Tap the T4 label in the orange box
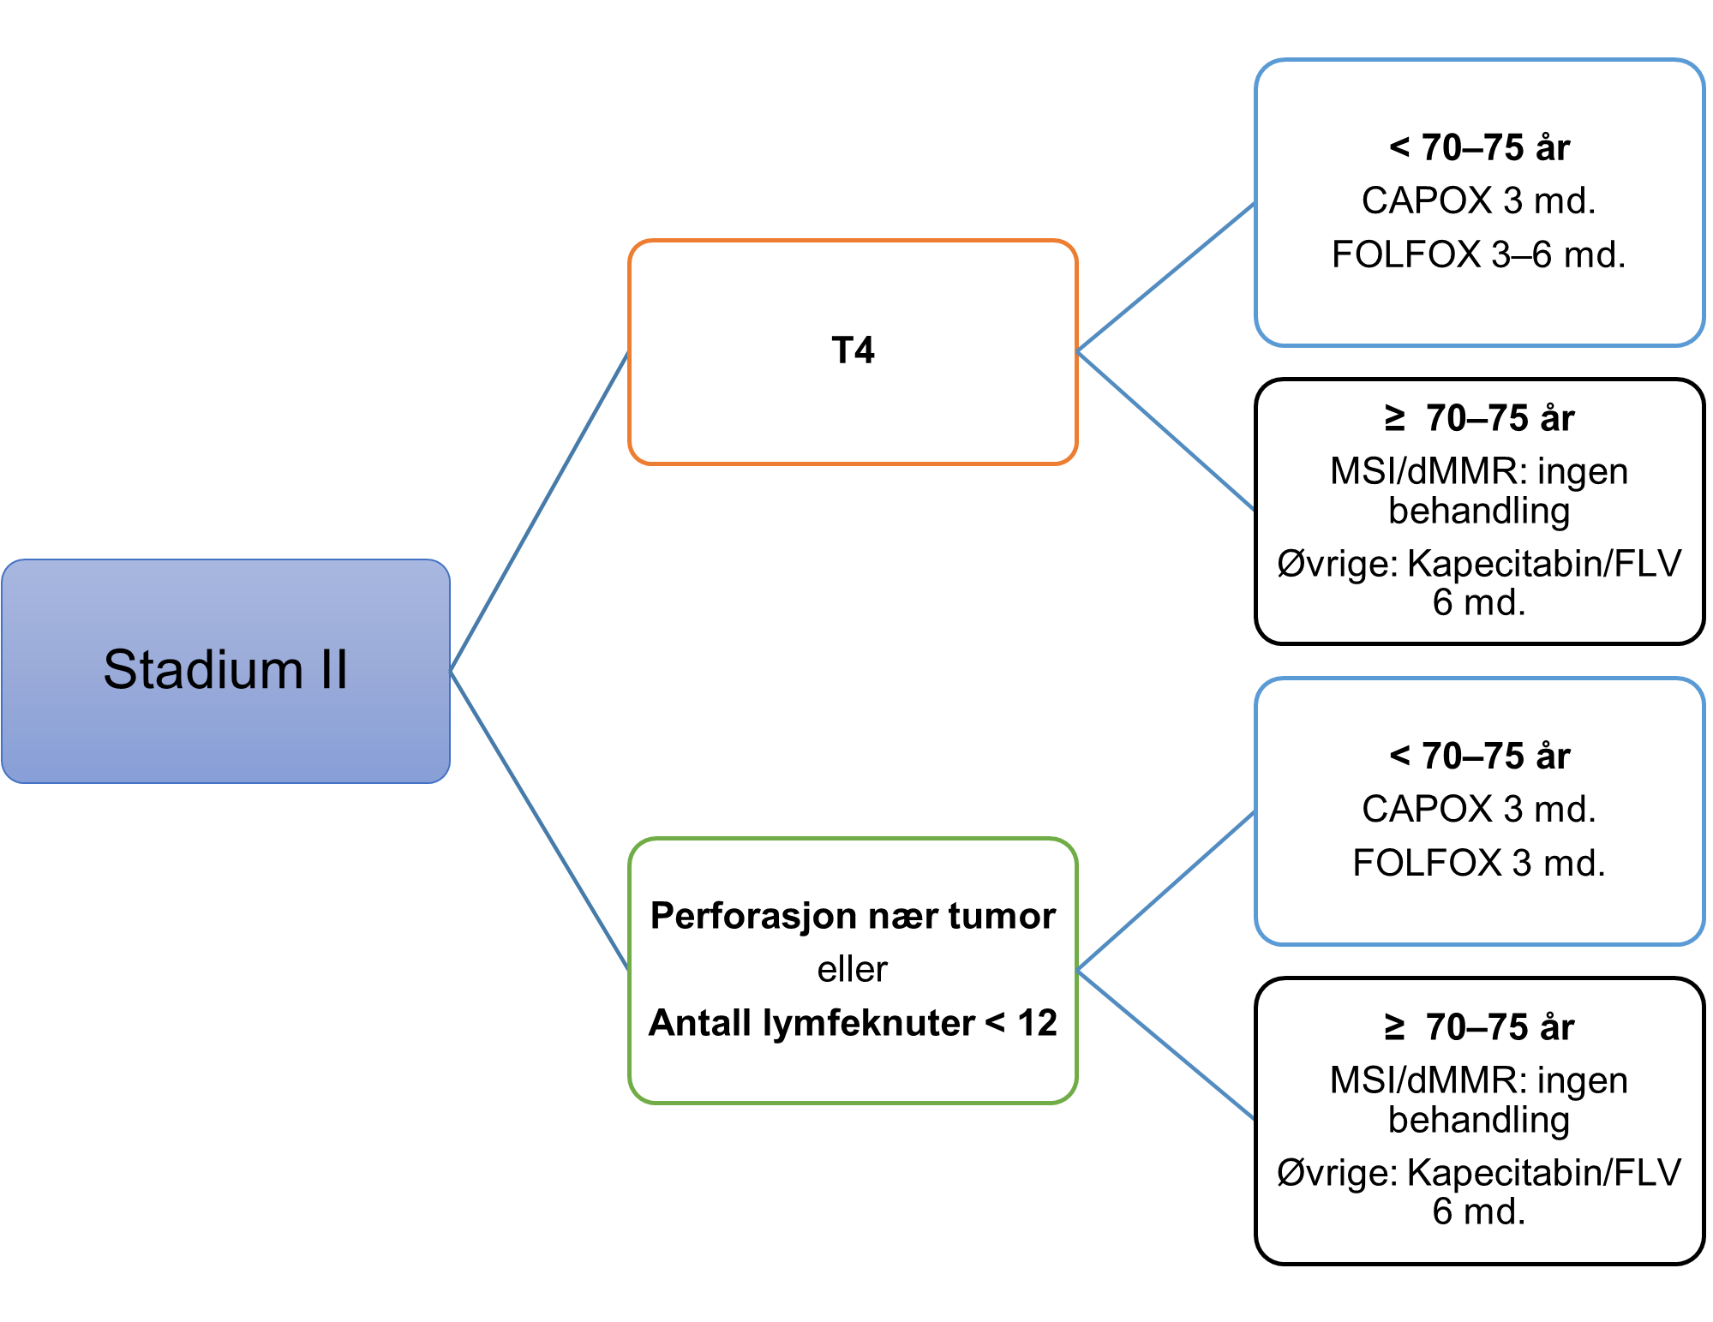point(853,350)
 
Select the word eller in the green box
point(852,969)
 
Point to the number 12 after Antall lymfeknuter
point(1037,1023)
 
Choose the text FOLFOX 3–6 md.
point(1478,254)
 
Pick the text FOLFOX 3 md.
point(1478,863)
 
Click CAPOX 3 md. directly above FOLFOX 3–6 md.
point(1478,200)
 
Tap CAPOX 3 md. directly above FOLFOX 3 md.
point(1478,809)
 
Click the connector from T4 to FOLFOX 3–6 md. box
point(1165,278)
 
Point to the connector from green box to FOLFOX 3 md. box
point(1165,891)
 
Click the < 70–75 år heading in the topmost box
point(1479,147)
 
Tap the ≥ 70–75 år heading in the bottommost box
point(1479,1027)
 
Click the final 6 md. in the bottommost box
point(1478,1211)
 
